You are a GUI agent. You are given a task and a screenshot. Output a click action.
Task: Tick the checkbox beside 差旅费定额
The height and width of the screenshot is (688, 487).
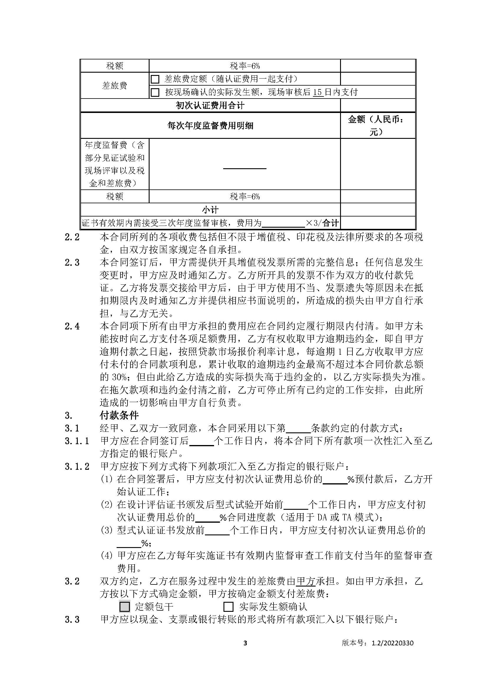pyautogui.click(x=155, y=79)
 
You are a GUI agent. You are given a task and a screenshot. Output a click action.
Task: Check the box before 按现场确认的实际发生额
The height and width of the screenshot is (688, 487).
pyautogui.click(x=155, y=92)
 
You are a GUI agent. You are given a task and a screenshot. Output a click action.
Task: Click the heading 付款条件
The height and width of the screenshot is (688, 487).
pyautogui.click(x=119, y=415)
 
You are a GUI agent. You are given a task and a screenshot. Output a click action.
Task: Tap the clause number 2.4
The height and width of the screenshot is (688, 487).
pyautogui.click(x=72, y=326)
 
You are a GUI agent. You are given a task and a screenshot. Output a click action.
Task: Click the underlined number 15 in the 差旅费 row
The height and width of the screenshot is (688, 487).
pyautogui.click(x=318, y=92)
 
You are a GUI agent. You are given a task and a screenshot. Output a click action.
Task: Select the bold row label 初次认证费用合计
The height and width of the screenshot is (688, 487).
pyautogui.click(x=210, y=105)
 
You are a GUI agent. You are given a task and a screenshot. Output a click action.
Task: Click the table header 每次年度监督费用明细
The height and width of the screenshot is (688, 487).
pyautogui.click(x=210, y=126)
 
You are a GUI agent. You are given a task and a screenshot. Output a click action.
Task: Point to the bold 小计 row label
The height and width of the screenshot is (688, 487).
pyautogui.click(x=210, y=210)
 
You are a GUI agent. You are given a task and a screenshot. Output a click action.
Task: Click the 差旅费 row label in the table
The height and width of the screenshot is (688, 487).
pyautogui.click(x=115, y=85)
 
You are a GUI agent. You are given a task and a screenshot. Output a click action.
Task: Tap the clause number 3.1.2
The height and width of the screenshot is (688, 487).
pyautogui.click(x=77, y=467)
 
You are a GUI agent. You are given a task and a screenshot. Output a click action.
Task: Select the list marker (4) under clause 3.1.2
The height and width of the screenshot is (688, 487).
pyautogui.click(x=107, y=556)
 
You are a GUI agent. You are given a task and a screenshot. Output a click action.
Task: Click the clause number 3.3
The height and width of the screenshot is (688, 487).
pyautogui.click(x=72, y=620)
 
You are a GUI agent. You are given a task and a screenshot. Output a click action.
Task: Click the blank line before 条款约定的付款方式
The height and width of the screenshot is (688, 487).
pyautogui.click(x=298, y=429)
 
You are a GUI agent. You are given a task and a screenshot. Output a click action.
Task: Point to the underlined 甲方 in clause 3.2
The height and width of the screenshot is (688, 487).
pyautogui.click(x=305, y=581)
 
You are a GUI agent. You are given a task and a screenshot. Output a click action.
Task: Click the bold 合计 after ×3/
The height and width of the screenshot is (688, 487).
pyautogui.click(x=330, y=223)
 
